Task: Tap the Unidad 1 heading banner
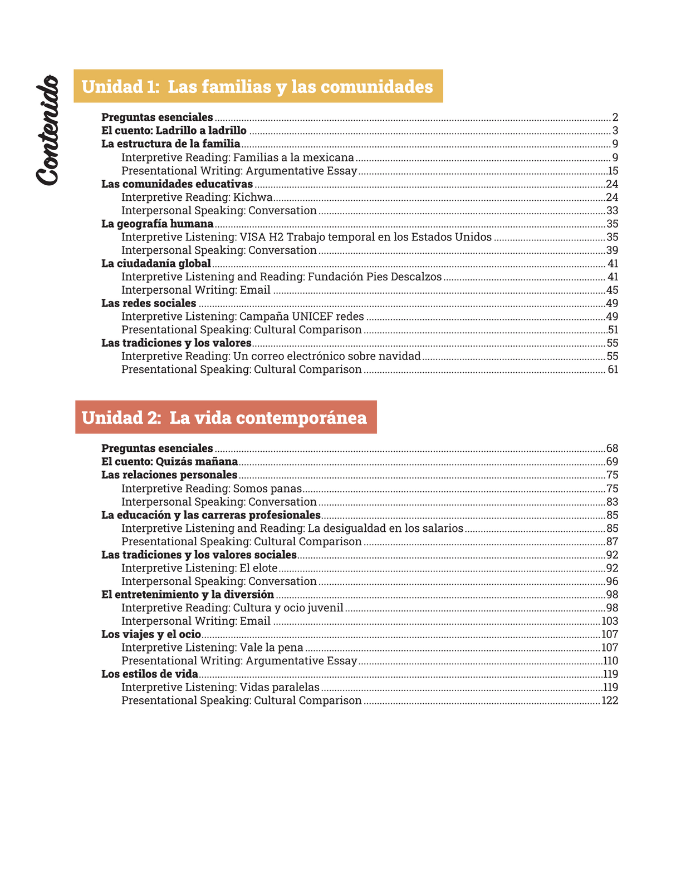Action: coord(258,86)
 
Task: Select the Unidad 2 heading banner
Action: coord(226,417)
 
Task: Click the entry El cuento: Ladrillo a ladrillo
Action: coord(174,131)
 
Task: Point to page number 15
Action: coord(613,171)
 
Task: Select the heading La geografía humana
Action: coord(157,224)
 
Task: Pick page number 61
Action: coord(613,370)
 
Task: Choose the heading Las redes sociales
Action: coord(149,303)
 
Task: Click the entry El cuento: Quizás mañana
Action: coord(169,462)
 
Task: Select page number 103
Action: coord(610,621)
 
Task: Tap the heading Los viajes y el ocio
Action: coord(151,634)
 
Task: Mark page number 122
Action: coord(610,701)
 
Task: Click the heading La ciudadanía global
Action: coord(156,264)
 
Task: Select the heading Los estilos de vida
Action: coord(149,674)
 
